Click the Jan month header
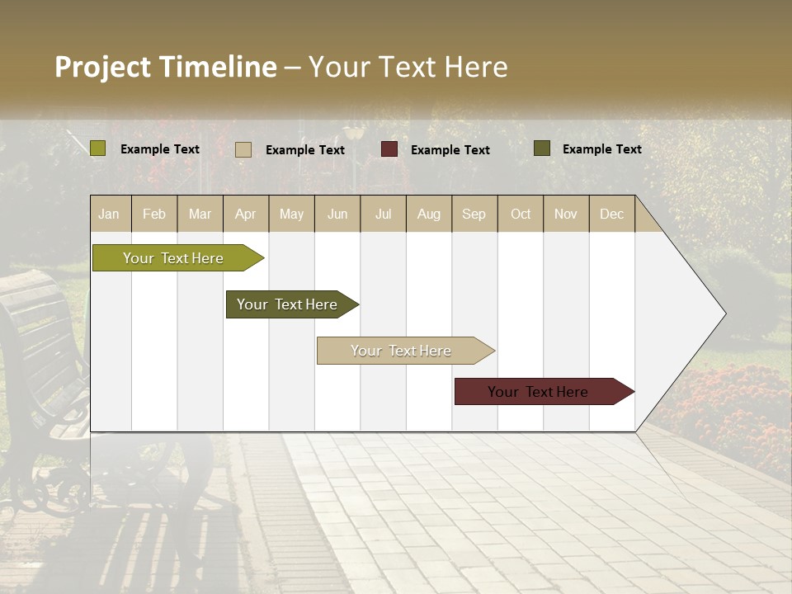[110, 214]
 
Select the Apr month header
[246, 214]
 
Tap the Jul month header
[383, 214]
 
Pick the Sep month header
[474, 214]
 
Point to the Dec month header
[611, 214]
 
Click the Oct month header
[521, 214]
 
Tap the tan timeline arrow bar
[402, 351]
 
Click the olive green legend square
[98, 148]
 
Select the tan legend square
[243, 149]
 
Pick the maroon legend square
[389, 149]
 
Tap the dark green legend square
[542, 148]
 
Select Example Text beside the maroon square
[450, 150]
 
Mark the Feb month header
[154, 214]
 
